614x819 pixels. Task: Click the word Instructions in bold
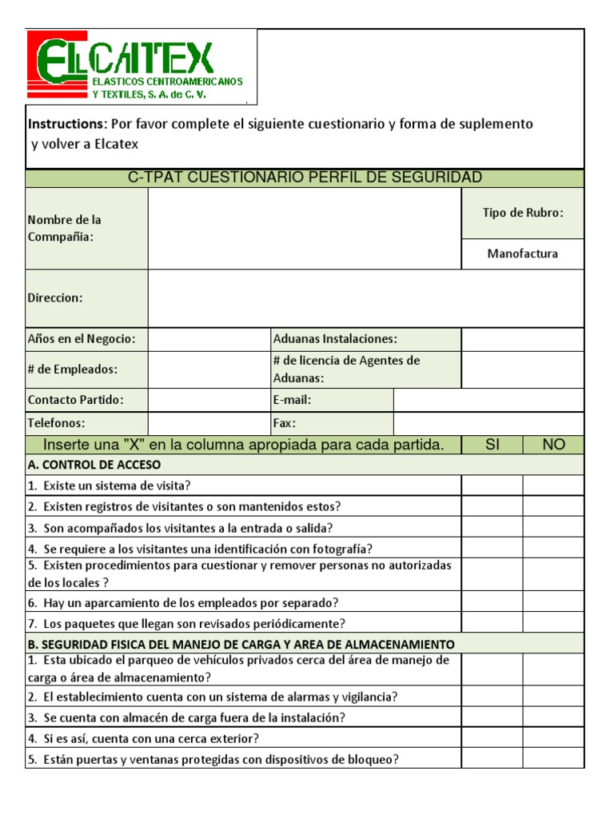click(67, 124)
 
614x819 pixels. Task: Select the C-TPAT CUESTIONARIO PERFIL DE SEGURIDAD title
click(305, 178)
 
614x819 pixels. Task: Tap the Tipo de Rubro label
click(523, 213)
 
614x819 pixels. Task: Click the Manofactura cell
click(523, 254)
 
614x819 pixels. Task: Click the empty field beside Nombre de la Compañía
click(305, 229)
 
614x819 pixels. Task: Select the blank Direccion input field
click(365, 298)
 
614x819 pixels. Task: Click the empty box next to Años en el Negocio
click(209, 339)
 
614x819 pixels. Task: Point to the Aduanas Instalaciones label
click(335, 339)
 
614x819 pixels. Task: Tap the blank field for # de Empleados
click(209, 370)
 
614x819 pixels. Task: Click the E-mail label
click(292, 400)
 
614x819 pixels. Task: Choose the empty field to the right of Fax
click(488, 423)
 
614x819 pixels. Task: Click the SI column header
click(492, 445)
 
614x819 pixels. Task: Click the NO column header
click(553, 445)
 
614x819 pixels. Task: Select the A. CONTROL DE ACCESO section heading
click(94, 465)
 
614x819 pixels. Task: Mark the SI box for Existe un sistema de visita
click(492, 485)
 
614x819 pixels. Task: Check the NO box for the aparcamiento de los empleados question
click(553, 602)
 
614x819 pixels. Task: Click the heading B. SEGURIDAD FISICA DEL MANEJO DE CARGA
click(241, 644)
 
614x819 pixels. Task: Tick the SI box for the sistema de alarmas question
click(492, 697)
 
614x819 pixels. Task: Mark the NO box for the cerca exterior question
click(553, 738)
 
